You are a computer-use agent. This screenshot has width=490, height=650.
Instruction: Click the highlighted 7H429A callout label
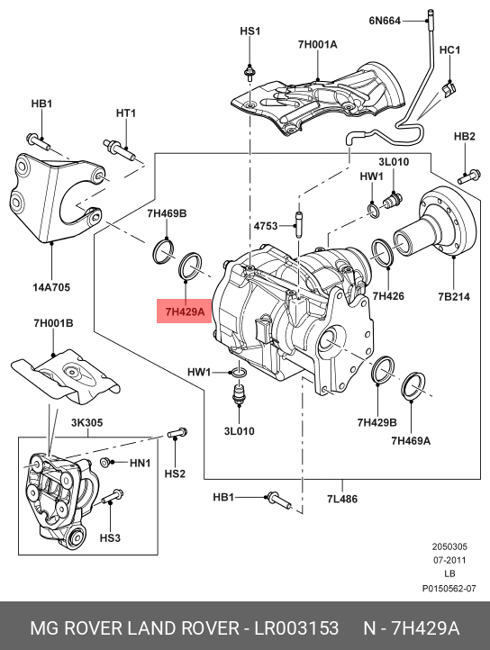tap(185, 311)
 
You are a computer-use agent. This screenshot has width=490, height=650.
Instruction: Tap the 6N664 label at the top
tap(385, 21)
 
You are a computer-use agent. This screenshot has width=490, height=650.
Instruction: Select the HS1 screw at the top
tap(250, 74)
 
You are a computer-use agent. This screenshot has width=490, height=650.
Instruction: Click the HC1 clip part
tap(448, 88)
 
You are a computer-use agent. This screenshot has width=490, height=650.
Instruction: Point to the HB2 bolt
tap(469, 177)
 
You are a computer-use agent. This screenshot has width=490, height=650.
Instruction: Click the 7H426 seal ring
tap(384, 253)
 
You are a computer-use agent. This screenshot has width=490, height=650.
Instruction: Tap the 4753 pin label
tap(266, 226)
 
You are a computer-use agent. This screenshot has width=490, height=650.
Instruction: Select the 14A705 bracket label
tap(51, 287)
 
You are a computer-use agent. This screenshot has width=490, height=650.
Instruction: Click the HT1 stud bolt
tap(119, 150)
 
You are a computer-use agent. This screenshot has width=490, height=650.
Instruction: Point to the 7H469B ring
tap(163, 250)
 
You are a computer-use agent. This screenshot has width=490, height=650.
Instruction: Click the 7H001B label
tap(53, 322)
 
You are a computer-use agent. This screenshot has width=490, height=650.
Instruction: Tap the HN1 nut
tap(105, 462)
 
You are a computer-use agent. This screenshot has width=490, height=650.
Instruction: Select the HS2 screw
tap(177, 433)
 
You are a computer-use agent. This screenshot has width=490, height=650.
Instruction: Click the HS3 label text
tap(110, 537)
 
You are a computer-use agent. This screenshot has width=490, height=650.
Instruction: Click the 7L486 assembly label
tap(342, 498)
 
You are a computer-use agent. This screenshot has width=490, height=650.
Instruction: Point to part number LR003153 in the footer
tap(296, 628)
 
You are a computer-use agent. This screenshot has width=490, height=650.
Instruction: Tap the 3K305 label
tap(86, 422)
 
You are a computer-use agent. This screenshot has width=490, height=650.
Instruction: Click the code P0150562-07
tap(449, 588)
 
